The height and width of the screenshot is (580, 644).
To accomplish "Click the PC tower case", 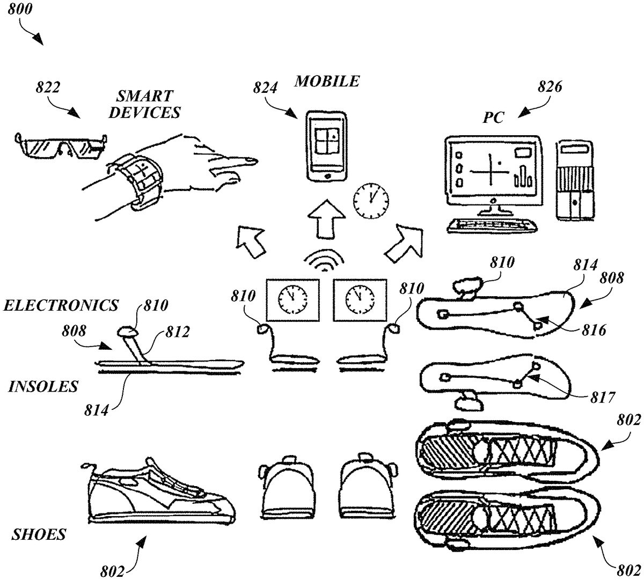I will point(575,179).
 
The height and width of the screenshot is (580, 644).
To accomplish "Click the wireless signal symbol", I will point(324,260).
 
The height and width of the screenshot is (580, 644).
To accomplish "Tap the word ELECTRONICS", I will point(61,305).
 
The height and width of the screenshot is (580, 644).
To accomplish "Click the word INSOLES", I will point(43,386).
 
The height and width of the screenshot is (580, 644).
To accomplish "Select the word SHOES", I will point(39,534).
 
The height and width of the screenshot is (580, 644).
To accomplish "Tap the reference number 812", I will point(177,332).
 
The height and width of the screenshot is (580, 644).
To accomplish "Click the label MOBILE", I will point(326,82).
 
